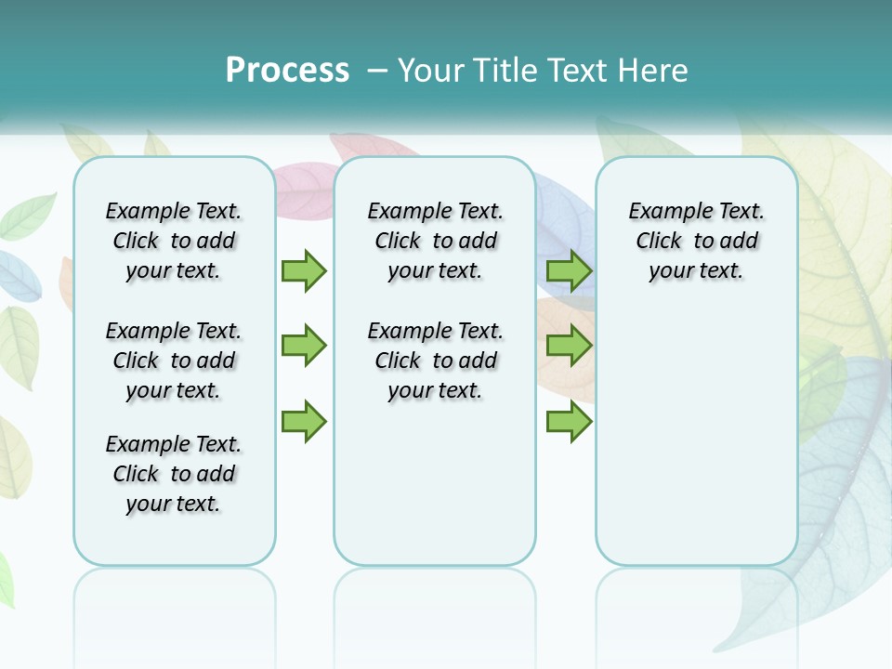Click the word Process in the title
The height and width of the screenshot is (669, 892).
(287, 71)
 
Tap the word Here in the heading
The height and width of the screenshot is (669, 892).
(653, 71)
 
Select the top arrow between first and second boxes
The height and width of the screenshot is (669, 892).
(304, 270)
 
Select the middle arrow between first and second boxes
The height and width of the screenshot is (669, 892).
(304, 346)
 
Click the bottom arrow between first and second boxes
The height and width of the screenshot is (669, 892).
(304, 421)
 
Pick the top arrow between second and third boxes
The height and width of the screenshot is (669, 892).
(569, 270)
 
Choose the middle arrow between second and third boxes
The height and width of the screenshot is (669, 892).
(569, 346)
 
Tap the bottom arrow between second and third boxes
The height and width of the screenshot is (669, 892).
(569, 421)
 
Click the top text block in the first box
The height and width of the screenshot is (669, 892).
(174, 241)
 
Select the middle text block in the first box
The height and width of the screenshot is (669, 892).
(174, 361)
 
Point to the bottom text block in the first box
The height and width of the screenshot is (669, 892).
(174, 474)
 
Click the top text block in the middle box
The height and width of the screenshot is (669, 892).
(436, 241)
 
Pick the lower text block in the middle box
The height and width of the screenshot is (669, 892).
(436, 361)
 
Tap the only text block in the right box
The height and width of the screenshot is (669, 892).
(697, 241)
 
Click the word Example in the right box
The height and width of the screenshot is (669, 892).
(662, 212)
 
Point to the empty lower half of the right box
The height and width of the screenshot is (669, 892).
(697, 446)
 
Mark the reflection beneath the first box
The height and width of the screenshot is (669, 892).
(175, 604)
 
